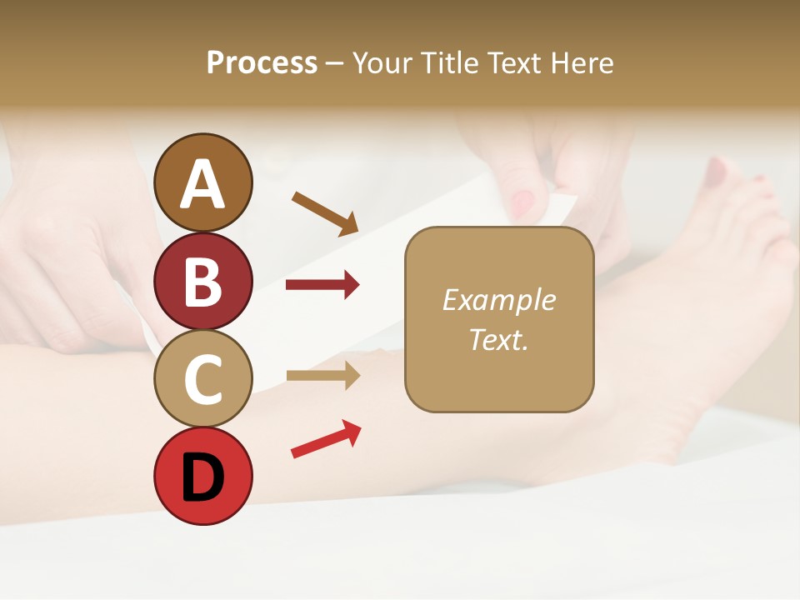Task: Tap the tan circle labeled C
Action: (203, 378)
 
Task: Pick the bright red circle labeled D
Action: (203, 476)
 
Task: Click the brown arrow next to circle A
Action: (325, 213)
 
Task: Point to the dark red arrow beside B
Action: (322, 286)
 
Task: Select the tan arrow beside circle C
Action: (322, 376)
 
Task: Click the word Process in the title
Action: (262, 62)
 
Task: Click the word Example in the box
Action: (498, 300)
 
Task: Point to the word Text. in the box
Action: (498, 339)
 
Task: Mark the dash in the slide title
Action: (335, 63)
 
